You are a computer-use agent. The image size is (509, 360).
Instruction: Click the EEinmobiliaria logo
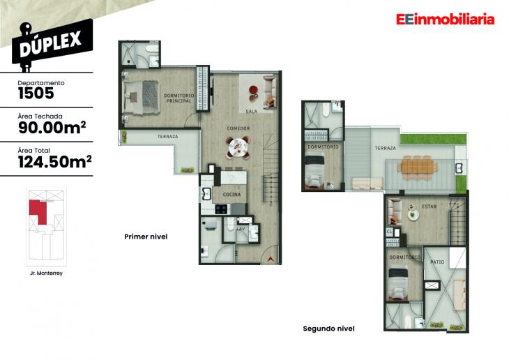444,20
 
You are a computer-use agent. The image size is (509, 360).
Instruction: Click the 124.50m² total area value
55,163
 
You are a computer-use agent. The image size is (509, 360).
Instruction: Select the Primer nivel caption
146,237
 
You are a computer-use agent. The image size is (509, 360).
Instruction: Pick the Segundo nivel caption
329,328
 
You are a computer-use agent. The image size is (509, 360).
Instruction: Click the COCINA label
231,195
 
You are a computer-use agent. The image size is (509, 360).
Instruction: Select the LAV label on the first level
241,229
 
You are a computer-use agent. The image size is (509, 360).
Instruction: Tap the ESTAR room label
428,207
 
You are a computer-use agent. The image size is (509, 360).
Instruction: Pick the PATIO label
437,262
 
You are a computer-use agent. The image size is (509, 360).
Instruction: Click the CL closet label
389,232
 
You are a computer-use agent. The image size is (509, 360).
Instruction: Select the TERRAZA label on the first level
167,137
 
